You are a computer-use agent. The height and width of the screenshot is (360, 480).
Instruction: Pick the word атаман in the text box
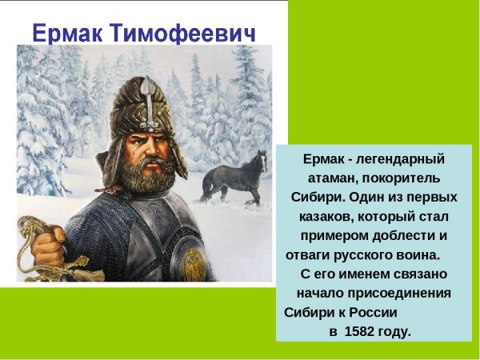coord(330,178)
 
